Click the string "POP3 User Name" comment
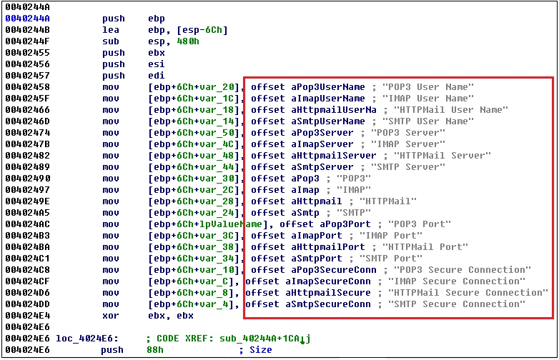point(428,87)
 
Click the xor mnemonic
point(110,316)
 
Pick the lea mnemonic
point(110,30)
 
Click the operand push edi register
point(155,76)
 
